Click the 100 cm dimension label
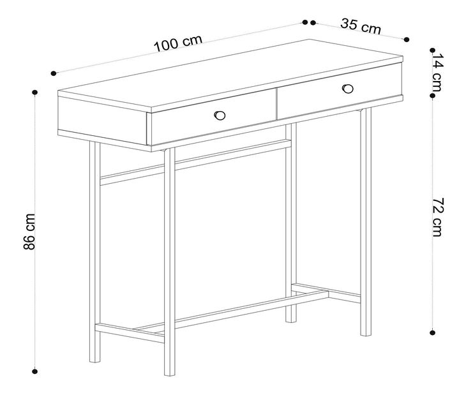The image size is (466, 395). (x=178, y=43)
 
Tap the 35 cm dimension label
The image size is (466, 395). (x=361, y=26)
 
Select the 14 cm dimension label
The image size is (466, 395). (x=437, y=73)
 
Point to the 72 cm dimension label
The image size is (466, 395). (x=437, y=217)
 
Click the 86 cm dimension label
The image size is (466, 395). (x=29, y=232)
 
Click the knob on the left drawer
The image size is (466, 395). (x=220, y=115)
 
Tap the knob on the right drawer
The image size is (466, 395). (x=348, y=89)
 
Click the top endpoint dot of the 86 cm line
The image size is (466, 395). (x=34, y=93)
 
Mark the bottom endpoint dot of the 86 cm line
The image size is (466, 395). (x=34, y=371)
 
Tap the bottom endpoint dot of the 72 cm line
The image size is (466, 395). (x=433, y=332)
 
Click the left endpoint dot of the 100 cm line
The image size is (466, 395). (x=54, y=73)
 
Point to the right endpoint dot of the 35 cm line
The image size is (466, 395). (x=407, y=40)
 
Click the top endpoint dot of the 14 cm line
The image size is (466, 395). (x=433, y=50)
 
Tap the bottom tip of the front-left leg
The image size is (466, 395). (x=169, y=375)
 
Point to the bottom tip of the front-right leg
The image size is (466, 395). (x=366, y=335)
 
